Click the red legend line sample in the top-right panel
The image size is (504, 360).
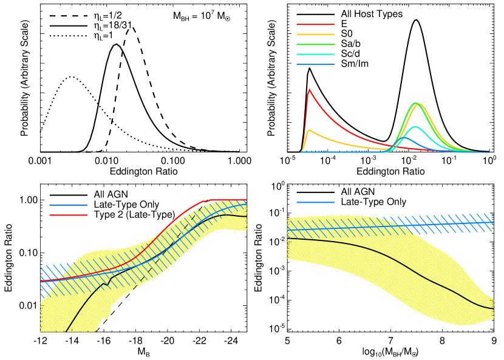pos(315,24)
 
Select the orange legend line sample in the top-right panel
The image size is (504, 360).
pos(315,35)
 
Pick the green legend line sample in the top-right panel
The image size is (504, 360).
pos(315,44)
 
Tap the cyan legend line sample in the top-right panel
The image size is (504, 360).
pos(315,54)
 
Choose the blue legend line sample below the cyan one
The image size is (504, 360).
pos(315,64)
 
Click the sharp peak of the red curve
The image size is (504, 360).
pos(309,90)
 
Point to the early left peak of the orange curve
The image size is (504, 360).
pos(309,130)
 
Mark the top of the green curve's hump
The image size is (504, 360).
pos(415,103)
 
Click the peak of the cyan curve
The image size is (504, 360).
pos(415,127)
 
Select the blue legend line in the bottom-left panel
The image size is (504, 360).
pos(68,205)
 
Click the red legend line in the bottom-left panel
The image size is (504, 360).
pos(68,215)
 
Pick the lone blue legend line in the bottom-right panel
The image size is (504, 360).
pos(315,202)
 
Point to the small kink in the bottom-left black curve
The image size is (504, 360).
pos(106,284)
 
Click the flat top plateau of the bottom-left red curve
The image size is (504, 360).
pos(228,200)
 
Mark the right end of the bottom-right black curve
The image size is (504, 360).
pos(493,309)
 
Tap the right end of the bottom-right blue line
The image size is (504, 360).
pos(493,222)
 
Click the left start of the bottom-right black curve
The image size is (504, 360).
pos(288,239)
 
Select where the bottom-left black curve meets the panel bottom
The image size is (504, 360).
pos(66,331)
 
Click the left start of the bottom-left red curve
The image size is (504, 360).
pos(41,282)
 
